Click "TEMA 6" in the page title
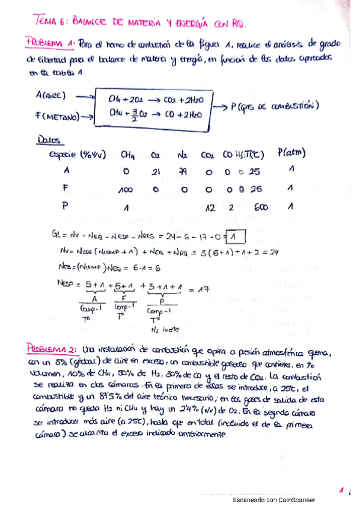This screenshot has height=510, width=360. coord(53,22)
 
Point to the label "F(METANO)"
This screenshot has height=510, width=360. coord(59,116)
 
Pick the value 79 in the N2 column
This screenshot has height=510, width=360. coord(183,171)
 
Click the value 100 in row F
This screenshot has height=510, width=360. coord(125,190)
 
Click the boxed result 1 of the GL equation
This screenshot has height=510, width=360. coord(236,234)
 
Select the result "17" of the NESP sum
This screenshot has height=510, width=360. coord(203,289)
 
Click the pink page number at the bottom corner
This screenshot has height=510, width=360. coord(341,491)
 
